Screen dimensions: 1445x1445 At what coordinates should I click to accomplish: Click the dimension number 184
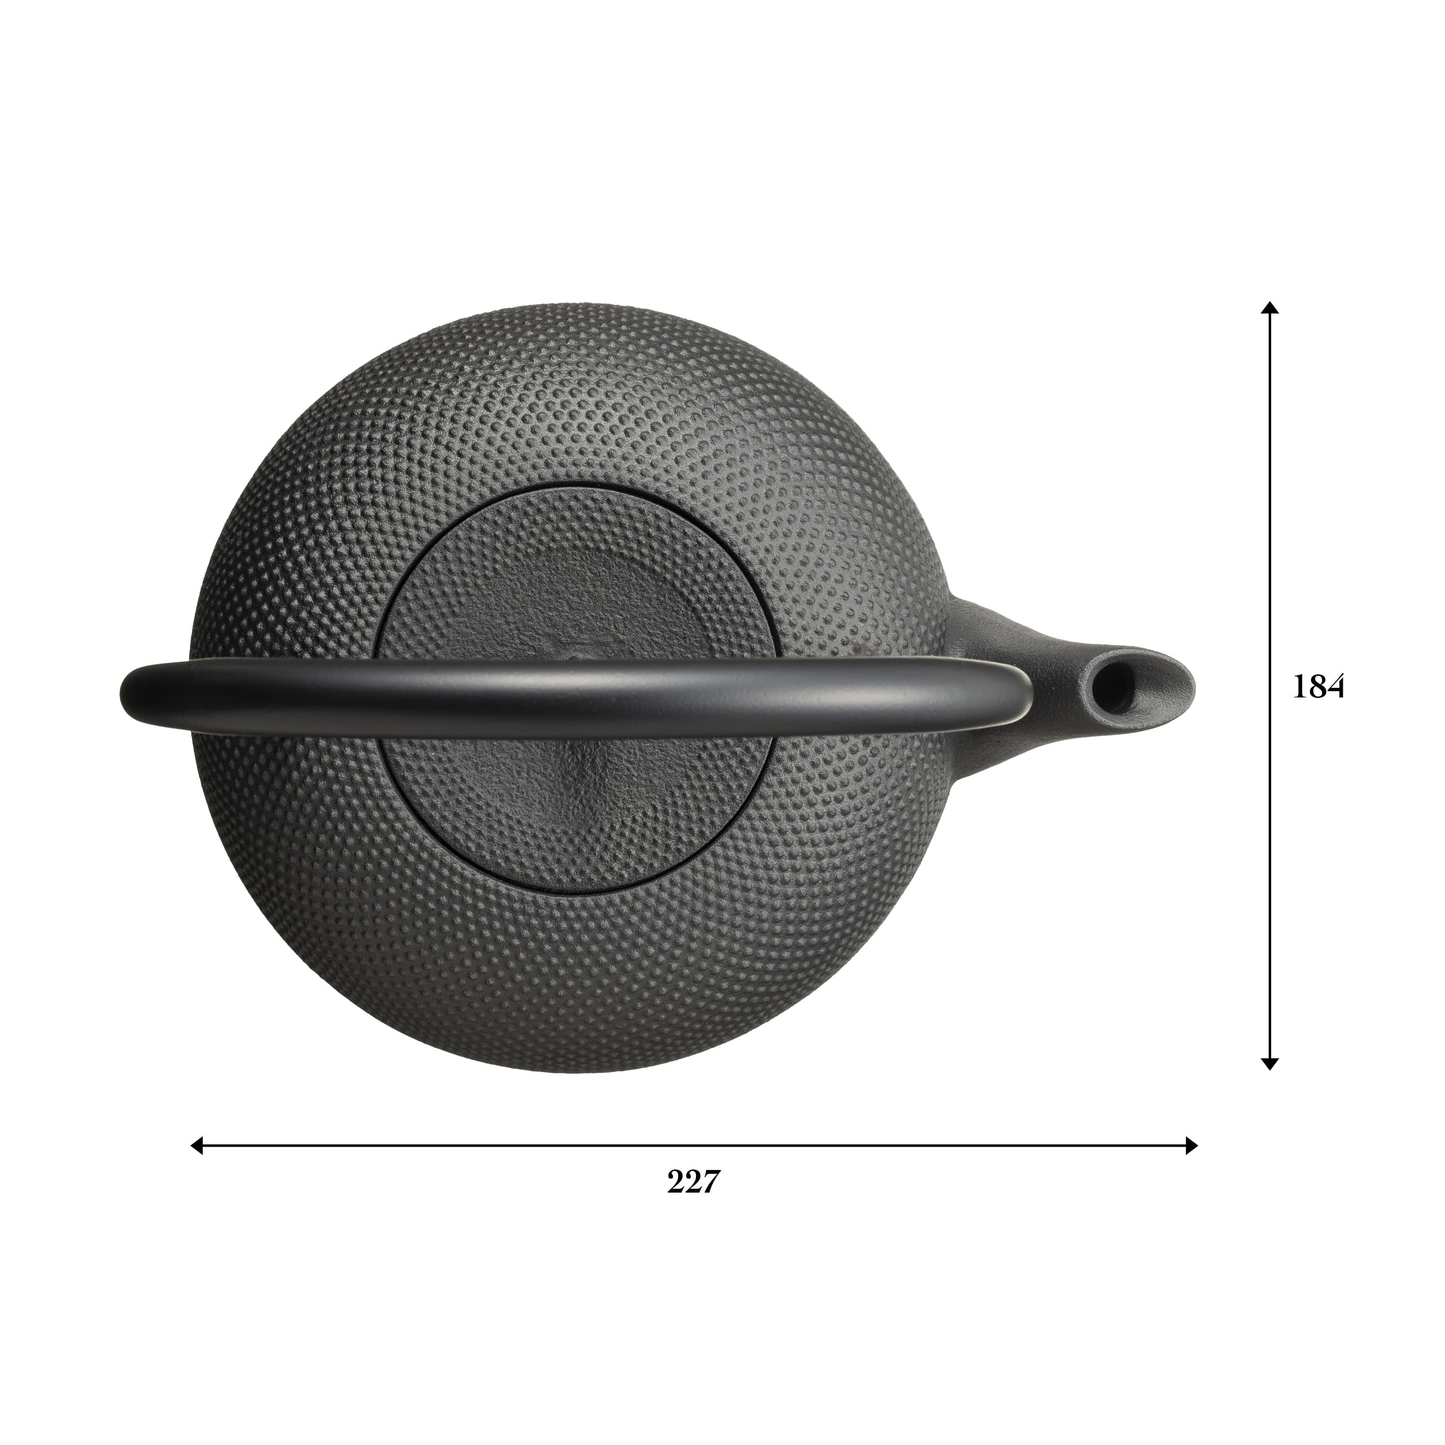(x=1319, y=686)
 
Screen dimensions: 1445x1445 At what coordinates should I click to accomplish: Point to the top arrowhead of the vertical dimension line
(x=1269, y=307)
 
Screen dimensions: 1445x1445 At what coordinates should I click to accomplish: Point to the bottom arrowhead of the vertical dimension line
(x=1269, y=1085)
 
